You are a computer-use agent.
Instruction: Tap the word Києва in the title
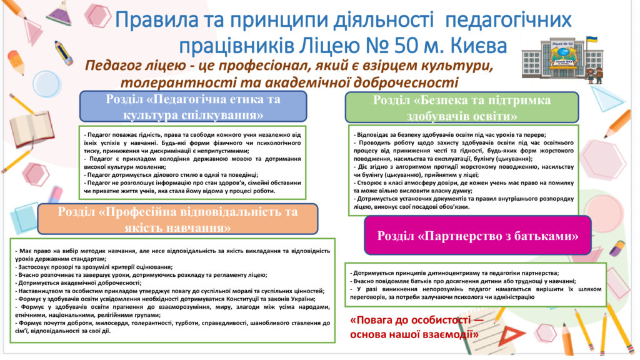[x=479, y=46]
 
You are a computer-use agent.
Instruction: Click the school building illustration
[x=562, y=59]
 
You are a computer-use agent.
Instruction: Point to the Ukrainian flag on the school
[x=592, y=40]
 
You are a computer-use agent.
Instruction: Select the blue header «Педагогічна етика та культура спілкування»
[x=193, y=107]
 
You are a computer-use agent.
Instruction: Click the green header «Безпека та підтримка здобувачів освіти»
[x=462, y=107]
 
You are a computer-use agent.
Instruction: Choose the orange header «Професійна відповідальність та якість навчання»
[x=177, y=219]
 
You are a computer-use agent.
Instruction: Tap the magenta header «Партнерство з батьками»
[x=477, y=236]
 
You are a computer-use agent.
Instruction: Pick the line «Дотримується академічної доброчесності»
[x=78, y=283]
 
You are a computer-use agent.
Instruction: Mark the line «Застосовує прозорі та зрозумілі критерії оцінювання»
[x=94, y=267]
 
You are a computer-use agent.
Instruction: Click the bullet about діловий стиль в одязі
[x=171, y=175]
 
